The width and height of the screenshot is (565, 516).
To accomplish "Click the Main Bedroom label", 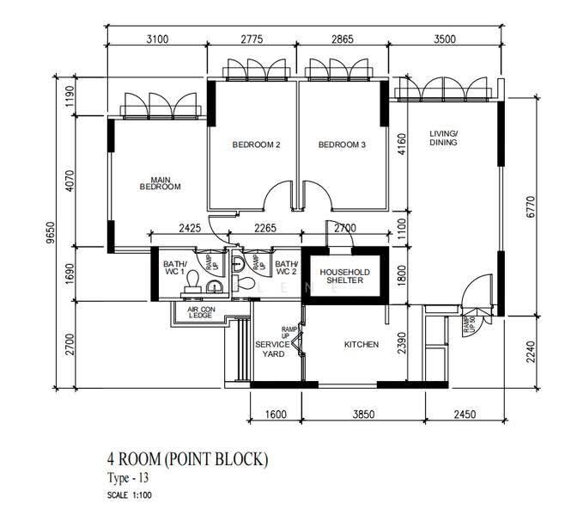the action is (161, 183).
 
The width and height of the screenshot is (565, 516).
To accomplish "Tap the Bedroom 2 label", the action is (256, 144).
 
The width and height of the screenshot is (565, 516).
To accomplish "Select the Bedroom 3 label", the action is (342, 144).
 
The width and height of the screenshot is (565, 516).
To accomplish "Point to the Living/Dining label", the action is (444, 138).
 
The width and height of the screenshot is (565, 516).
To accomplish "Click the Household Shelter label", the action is (345, 276).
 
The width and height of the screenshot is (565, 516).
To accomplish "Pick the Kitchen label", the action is (361, 345).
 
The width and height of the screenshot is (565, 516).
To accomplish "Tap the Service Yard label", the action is (273, 349).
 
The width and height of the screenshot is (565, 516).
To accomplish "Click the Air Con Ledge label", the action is (201, 312).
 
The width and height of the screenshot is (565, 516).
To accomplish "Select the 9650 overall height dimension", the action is (52, 232).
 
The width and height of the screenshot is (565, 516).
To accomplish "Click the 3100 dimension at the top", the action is (157, 39).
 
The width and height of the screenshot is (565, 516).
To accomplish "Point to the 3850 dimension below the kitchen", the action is (363, 414).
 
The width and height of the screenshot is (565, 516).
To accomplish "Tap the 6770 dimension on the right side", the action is (531, 206).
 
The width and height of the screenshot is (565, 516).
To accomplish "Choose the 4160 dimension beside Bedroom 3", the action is (401, 144).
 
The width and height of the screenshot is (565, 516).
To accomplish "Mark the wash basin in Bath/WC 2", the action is (238, 264).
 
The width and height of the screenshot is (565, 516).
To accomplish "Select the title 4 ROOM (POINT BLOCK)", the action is (188, 459).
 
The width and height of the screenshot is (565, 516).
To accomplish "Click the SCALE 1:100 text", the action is (130, 495).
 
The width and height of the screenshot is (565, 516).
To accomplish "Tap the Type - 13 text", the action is (128, 478).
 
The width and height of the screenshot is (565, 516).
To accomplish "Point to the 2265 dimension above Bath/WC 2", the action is (265, 228).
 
